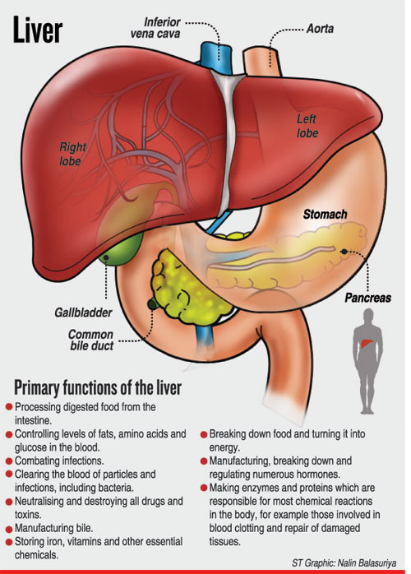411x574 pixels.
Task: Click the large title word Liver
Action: coord(38,30)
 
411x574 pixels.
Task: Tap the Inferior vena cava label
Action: coord(155,28)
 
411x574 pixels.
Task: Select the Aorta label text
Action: coord(320,29)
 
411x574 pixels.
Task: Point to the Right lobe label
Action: coord(72,154)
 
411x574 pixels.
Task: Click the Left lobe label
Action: coord(307,126)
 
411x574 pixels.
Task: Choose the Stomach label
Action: coord(325,214)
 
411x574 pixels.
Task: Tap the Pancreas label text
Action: coord(367,298)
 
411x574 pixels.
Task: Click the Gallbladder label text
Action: coord(84,312)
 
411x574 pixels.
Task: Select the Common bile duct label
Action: coord(91,340)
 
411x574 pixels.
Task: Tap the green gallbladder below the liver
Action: coord(121,250)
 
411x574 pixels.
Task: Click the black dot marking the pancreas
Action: coord(344,252)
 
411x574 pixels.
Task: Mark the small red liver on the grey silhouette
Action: coord(367,344)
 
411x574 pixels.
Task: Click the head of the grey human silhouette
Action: coord(368,315)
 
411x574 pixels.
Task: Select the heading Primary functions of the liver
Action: coord(98,387)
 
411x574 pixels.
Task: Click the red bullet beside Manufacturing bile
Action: coord(9,529)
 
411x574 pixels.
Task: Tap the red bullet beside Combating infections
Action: coord(9,461)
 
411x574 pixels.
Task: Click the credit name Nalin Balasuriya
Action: coord(367,562)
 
